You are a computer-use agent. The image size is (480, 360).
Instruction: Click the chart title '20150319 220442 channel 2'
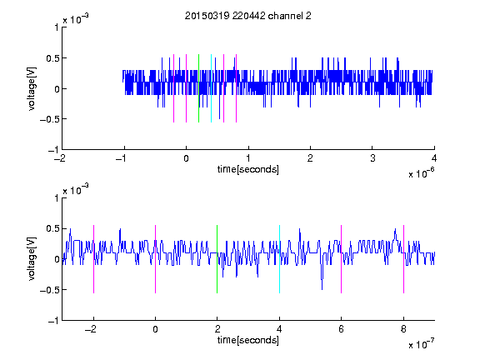[x=248, y=16]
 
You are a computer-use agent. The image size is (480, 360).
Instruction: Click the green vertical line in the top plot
[x=198, y=88]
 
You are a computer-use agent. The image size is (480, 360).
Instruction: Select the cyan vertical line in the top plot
[x=211, y=88]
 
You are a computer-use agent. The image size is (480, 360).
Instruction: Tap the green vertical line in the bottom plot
[x=217, y=259]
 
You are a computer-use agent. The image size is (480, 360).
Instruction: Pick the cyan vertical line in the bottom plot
[x=279, y=259]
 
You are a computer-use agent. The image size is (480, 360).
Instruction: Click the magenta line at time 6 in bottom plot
[x=342, y=259]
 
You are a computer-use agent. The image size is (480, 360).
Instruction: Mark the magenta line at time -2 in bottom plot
[x=93, y=259]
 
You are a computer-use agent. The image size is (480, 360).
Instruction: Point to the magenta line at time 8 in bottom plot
[x=404, y=259]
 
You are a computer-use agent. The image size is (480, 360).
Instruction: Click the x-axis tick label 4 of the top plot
[x=434, y=158]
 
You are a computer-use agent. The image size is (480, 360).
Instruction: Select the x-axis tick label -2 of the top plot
[x=60, y=158]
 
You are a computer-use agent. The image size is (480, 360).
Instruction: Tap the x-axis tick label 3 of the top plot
[x=372, y=158]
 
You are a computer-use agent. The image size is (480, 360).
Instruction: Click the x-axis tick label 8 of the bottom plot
[x=403, y=329]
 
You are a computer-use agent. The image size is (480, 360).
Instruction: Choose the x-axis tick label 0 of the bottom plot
[x=155, y=329]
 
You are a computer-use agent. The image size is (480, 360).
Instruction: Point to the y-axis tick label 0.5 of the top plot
[x=52, y=58]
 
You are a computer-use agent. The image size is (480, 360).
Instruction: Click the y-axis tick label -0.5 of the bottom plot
[x=49, y=290]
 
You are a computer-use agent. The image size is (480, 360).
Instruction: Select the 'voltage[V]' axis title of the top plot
[x=32, y=89]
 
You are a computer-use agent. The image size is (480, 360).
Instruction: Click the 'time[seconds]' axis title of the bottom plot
[x=248, y=340]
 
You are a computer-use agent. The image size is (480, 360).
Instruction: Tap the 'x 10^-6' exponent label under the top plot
[x=421, y=173]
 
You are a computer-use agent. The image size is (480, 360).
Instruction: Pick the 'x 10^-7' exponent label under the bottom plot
[x=421, y=344]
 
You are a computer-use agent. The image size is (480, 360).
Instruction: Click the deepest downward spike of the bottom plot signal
[x=322, y=288]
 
